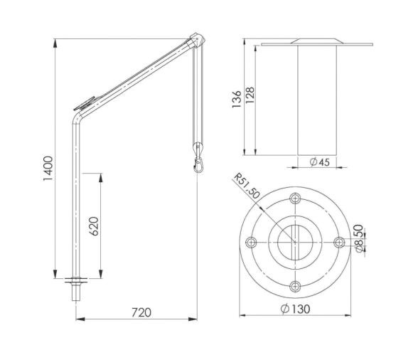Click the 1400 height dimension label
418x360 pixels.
(48, 169)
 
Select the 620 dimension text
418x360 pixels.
(94, 226)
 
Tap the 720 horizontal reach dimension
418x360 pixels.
(141, 312)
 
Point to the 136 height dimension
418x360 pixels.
(237, 100)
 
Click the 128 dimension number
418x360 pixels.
(250, 95)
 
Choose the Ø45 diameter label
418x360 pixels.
(320, 162)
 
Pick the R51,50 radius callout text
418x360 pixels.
(246, 186)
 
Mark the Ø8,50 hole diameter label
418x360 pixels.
(359, 238)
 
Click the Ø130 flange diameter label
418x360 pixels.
(296, 309)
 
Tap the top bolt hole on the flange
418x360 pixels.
(295, 198)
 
